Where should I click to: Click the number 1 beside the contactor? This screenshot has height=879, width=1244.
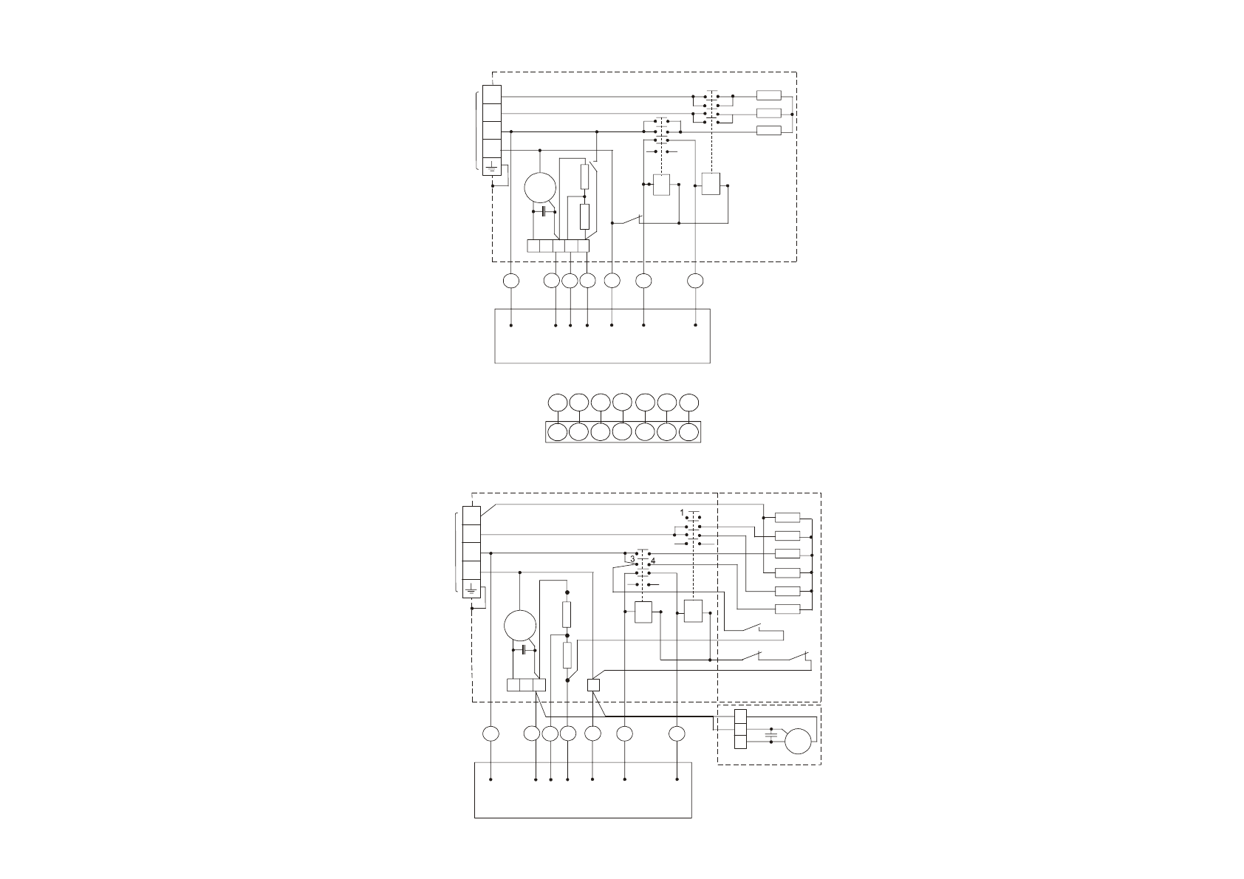point(682,512)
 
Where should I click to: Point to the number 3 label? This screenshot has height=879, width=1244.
point(632,559)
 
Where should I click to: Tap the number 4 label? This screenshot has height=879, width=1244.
point(653,561)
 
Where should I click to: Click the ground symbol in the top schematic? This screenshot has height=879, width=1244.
point(491,167)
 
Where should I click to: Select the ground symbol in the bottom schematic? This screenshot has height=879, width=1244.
point(471,589)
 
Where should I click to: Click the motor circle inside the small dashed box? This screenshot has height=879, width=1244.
point(798,742)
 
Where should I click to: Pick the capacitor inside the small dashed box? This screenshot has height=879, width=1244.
point(770,735)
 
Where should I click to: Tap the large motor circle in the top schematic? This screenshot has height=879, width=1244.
point(540,188)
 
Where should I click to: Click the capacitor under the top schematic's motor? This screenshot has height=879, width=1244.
point(544,211)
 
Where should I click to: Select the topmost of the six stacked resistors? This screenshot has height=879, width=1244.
point(787,518)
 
